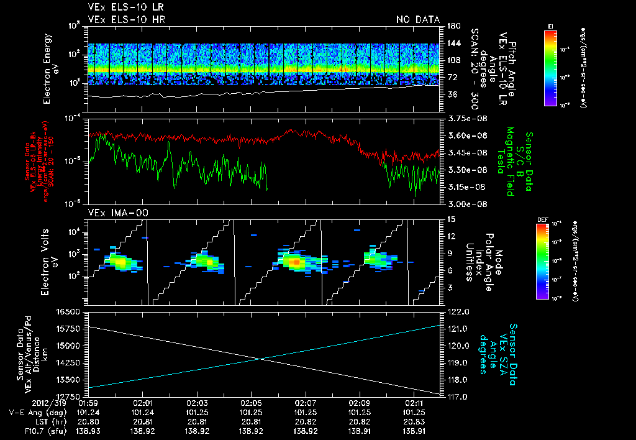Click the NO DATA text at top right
click(x=417, y=20)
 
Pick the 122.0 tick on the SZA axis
click(x=455, y=311)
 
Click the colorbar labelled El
click(x=550, y=67)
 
